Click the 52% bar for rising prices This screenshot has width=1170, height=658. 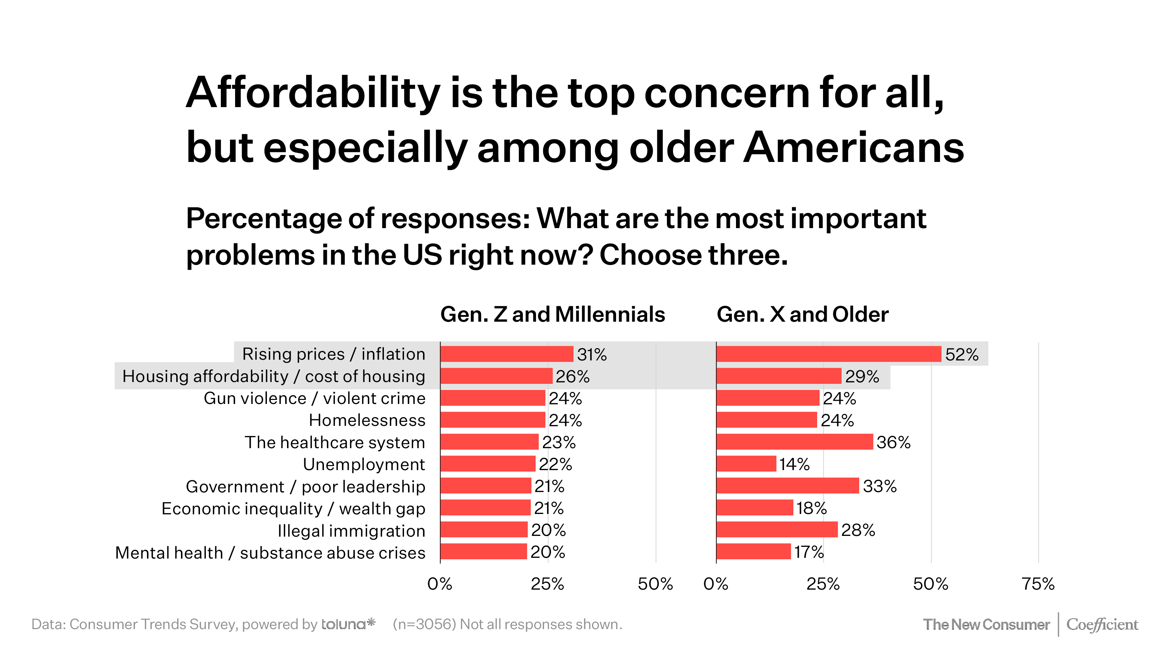[x=829, y=354]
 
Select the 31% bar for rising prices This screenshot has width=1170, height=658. [x=506, y=354]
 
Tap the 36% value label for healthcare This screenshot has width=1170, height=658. [x=893, y=442]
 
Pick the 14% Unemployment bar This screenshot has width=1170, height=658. [x=746, y=464]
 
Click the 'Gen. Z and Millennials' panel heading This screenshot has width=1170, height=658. [x=552, y=314]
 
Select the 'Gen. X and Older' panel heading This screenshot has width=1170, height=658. [x=802, y=314]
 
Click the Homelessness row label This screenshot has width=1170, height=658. [x=367, y=420]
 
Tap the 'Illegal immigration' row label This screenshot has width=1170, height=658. [x=351, y=530]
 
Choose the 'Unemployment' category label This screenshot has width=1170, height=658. [x=364, y=464]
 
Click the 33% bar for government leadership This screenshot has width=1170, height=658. [x=788, y=485]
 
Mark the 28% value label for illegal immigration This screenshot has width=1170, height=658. [x=857, y=530]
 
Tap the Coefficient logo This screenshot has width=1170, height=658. [x=1102, y=624]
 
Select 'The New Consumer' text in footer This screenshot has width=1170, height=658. [x=986, y=624]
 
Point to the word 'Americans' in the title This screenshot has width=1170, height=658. [x=853, y=148]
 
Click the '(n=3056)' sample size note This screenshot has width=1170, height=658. [x=424, y=624]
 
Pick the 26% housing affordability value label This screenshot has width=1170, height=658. [x=572, y=377]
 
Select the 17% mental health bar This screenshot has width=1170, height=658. [x=754, y=551]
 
